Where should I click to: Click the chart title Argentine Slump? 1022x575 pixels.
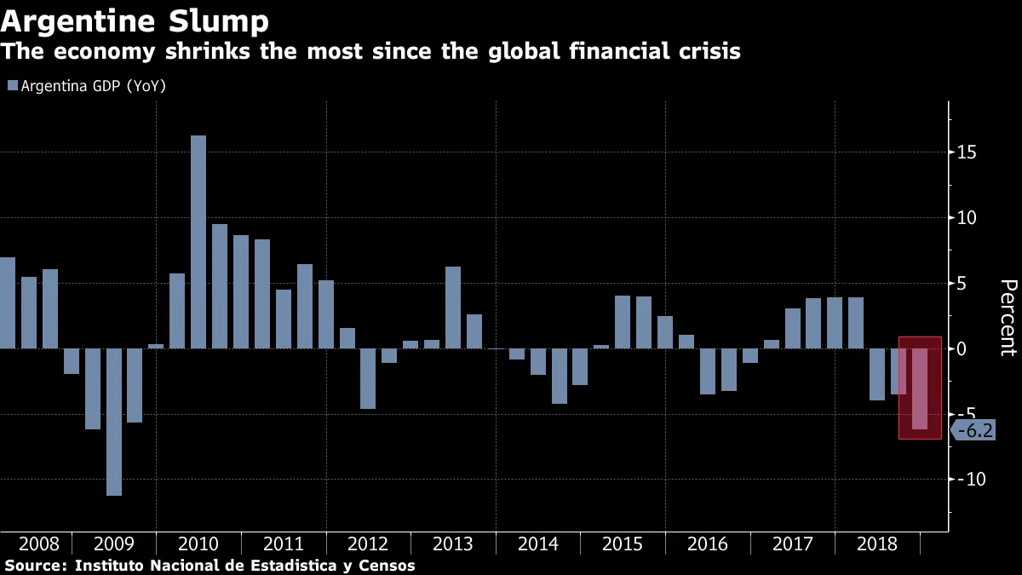click(135, 20)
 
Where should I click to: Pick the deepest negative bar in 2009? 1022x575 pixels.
click(113, 422)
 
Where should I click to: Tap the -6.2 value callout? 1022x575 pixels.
click(974, 431)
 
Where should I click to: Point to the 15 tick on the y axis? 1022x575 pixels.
click(967, 152)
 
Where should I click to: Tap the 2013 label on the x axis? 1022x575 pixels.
click(453, 544)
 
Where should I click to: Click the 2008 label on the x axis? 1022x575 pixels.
click(39, 544)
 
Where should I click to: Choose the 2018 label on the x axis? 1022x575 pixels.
click(877, 544)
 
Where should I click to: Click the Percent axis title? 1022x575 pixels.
click(1008, 317)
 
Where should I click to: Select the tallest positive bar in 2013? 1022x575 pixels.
click(453, 308)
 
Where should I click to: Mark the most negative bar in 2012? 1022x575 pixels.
click(368, 378)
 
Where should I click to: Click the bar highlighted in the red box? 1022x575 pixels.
click(920, 388)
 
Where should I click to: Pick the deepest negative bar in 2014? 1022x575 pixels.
click(559, 376)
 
